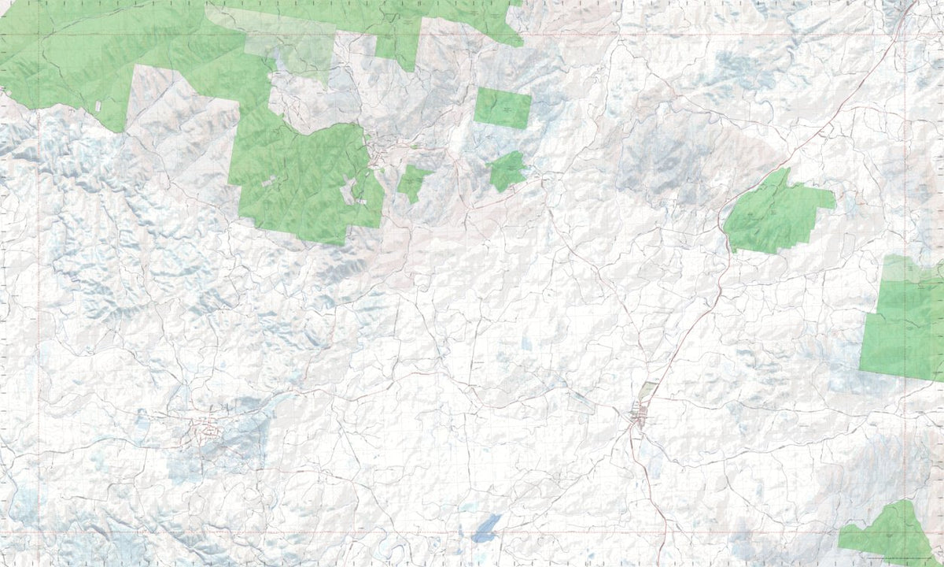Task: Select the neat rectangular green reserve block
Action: click(503, 108)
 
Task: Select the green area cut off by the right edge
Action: click(905, 323)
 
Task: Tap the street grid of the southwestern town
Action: click(206, 430)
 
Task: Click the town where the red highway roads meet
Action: click(639, 415)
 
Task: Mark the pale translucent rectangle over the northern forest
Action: click(291, 43)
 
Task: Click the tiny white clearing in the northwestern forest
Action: click(98, 106)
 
